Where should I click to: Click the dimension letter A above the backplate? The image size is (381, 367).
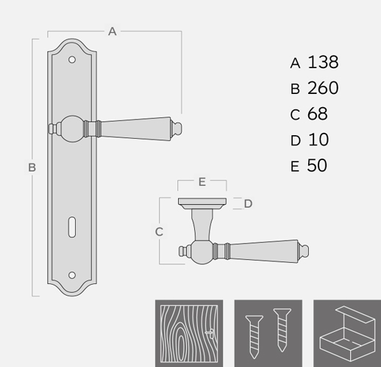coord(113,32)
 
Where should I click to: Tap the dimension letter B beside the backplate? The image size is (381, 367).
coord(32,167)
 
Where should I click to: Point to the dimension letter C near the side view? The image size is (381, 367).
coord(159,232)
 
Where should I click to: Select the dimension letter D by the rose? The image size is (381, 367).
coord(248,203)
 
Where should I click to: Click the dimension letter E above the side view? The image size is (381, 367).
coord(202,182)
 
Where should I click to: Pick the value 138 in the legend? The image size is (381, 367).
coord(323,62)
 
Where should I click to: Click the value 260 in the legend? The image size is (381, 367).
coord(323,88)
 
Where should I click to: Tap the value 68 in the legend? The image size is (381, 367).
coord(318,114)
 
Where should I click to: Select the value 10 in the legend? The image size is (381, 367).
coord(318,139)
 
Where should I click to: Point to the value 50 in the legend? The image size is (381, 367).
coord(317,165)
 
